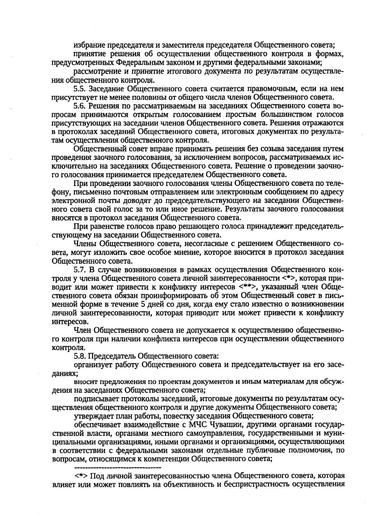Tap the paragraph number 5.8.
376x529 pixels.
[80, 356]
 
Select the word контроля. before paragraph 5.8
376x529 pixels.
[64, 348]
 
